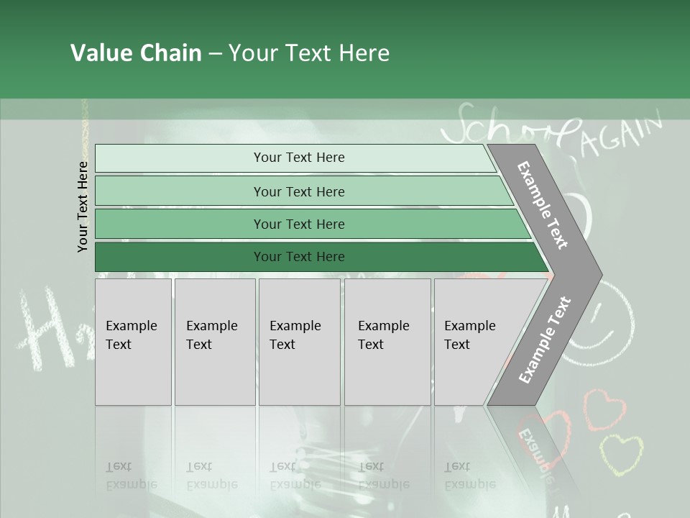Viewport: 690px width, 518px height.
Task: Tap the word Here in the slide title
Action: click(364, 53)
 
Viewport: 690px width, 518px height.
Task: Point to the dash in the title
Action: click(215, 54)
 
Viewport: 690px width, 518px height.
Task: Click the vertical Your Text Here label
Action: click(83, 206)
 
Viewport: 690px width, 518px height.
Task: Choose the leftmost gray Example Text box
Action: click(133, 342)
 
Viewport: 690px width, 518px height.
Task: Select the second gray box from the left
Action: click(215, 342)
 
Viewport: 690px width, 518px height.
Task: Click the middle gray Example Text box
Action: click(299, 342)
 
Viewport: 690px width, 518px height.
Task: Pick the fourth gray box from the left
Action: click(387, 342)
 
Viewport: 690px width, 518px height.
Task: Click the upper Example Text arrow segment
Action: click(546, 205)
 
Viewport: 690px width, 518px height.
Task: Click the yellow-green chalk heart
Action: click(621, 453)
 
